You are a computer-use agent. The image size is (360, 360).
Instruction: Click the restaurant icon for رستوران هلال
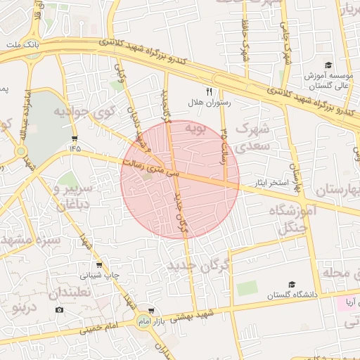click(x=209, y=91)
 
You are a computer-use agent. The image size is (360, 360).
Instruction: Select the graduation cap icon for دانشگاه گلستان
click(x=291, y=285)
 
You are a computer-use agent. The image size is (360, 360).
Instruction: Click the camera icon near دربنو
click(x=59, y=310)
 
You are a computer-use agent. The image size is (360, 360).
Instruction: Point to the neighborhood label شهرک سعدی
click(x=252, y=138)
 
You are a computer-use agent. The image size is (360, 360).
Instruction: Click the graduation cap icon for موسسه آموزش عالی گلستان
click(x=328, y=65)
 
